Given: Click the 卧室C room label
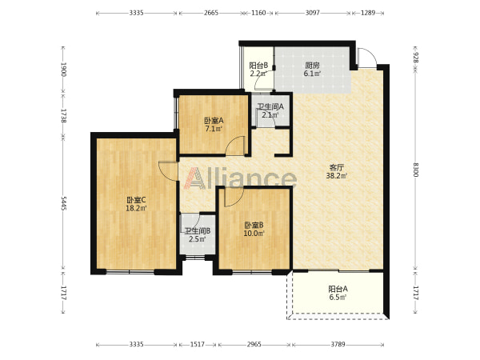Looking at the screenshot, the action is (x=136, y=200).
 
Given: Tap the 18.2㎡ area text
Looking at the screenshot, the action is (x=136, y=209).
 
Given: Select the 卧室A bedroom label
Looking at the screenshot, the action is (x=214, y=121).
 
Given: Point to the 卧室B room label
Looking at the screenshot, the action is (x=254, y=226).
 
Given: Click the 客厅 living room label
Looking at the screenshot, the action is (x=337, y=167).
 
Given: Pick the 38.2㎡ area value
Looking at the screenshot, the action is (x=337, y=176).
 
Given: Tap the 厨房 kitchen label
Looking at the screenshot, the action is (x=312, y=66).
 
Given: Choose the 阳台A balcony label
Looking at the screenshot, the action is (x=338, y=289).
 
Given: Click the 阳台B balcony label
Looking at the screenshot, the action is (x=258, y=66).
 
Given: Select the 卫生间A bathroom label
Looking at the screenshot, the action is (x=270, y=107).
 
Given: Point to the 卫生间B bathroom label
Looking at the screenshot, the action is (x=198, y=231).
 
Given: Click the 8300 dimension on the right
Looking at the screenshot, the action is (x=415, y=170).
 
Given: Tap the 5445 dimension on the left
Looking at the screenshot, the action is (x=63, y=203).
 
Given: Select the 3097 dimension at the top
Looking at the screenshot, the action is (x=313, y=13).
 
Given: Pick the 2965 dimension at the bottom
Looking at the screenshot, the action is (x=254, y=344).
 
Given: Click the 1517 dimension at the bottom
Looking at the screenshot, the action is (x=198, y=344).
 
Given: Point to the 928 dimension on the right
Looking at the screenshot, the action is (x=415, y=58).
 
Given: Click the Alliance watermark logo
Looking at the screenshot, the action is (x=240, y=178).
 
